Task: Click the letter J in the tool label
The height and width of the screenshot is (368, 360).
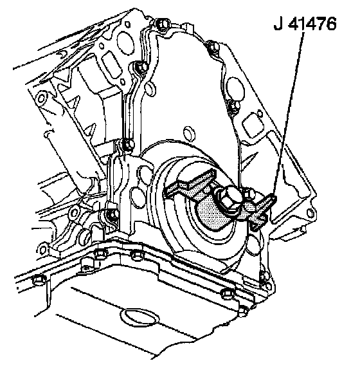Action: pyautogui.click(x=278, y=24)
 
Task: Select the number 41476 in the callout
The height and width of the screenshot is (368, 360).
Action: pyautogui.click(x=312, y=24)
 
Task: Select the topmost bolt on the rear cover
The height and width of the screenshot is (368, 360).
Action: pyautogui.click(x=162, y=24)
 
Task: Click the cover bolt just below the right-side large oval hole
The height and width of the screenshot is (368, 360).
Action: pyautogui.click(x=234, y=106)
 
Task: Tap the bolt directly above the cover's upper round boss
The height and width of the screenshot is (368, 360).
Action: pyautogui.click(x=141, y=67)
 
